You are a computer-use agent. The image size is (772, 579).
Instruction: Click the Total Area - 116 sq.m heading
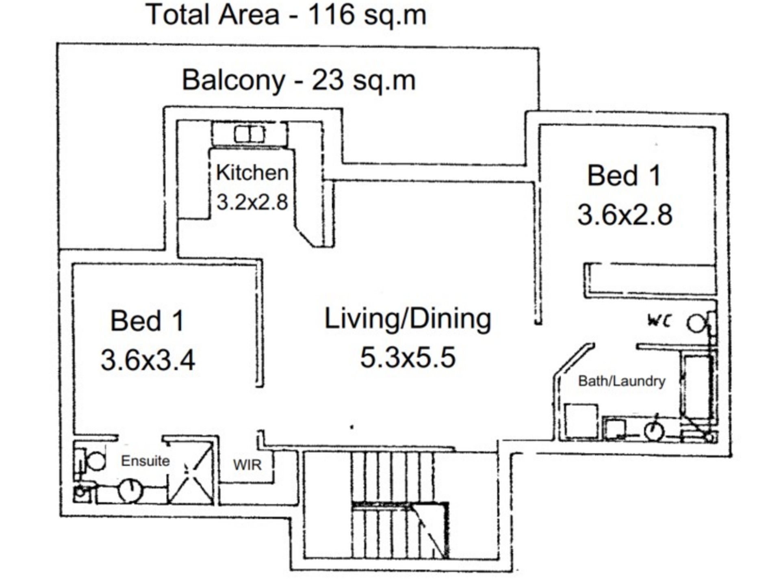(286, 15)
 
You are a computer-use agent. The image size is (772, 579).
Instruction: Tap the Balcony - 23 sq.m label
(299, 80)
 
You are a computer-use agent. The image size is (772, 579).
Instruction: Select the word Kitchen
(252, 173)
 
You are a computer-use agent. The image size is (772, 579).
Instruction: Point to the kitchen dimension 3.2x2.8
(252, 202)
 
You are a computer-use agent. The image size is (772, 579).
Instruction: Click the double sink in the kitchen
(249, 134)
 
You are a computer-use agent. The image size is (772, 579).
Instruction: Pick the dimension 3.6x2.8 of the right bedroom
(625, 215)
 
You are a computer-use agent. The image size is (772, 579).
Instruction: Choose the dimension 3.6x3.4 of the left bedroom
(148, 360)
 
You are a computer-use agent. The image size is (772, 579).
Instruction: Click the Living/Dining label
(408, 319)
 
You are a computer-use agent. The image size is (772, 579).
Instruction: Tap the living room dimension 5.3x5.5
(408, 358)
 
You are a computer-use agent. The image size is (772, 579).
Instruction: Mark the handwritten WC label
(659, 321)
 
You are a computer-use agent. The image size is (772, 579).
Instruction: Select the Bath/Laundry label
(622, 381)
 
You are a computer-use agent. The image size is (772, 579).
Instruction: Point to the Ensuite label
(145, 461)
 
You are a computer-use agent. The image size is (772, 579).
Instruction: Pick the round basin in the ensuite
(131, 491)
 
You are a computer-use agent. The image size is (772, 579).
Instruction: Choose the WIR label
(247, 465)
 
